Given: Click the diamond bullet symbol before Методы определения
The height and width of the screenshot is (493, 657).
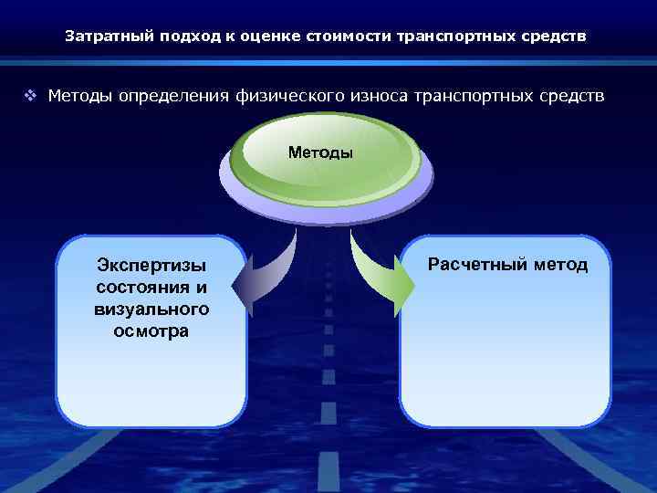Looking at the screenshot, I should (x=32, y=96).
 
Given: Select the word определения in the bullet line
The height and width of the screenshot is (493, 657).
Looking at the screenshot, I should (x=162, y=96).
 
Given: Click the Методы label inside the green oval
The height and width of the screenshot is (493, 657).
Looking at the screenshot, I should (x=320, y=152).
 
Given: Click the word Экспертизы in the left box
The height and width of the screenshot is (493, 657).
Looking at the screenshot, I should (x=151, y=266).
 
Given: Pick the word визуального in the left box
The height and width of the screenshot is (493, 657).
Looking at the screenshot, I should (x=151, y=309).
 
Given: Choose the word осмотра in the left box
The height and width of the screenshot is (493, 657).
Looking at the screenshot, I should (x=151, y=330).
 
